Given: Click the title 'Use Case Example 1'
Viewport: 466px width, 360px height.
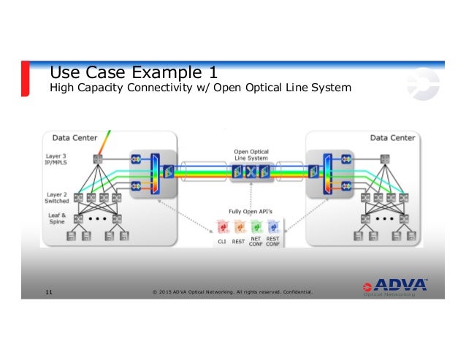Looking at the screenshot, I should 134,72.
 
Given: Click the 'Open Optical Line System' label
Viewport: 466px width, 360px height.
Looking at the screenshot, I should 251,155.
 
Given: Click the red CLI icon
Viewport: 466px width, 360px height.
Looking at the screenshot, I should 222,227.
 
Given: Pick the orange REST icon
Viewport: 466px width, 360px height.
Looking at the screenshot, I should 238,227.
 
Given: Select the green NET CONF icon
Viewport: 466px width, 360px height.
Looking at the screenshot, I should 256,227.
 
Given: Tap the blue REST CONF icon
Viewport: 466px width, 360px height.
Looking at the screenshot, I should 273,227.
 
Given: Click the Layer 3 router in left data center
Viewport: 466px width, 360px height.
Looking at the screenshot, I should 97,159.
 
